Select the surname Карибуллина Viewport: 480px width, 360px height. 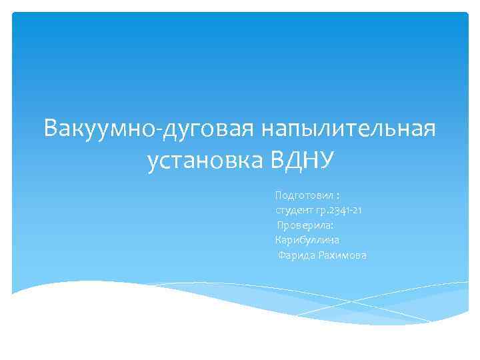tap(307, 240)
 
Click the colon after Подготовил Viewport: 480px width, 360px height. tap(339, 197)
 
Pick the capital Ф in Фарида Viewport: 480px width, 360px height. tap(282, 255)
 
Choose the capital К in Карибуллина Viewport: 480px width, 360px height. tap(278, 240)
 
